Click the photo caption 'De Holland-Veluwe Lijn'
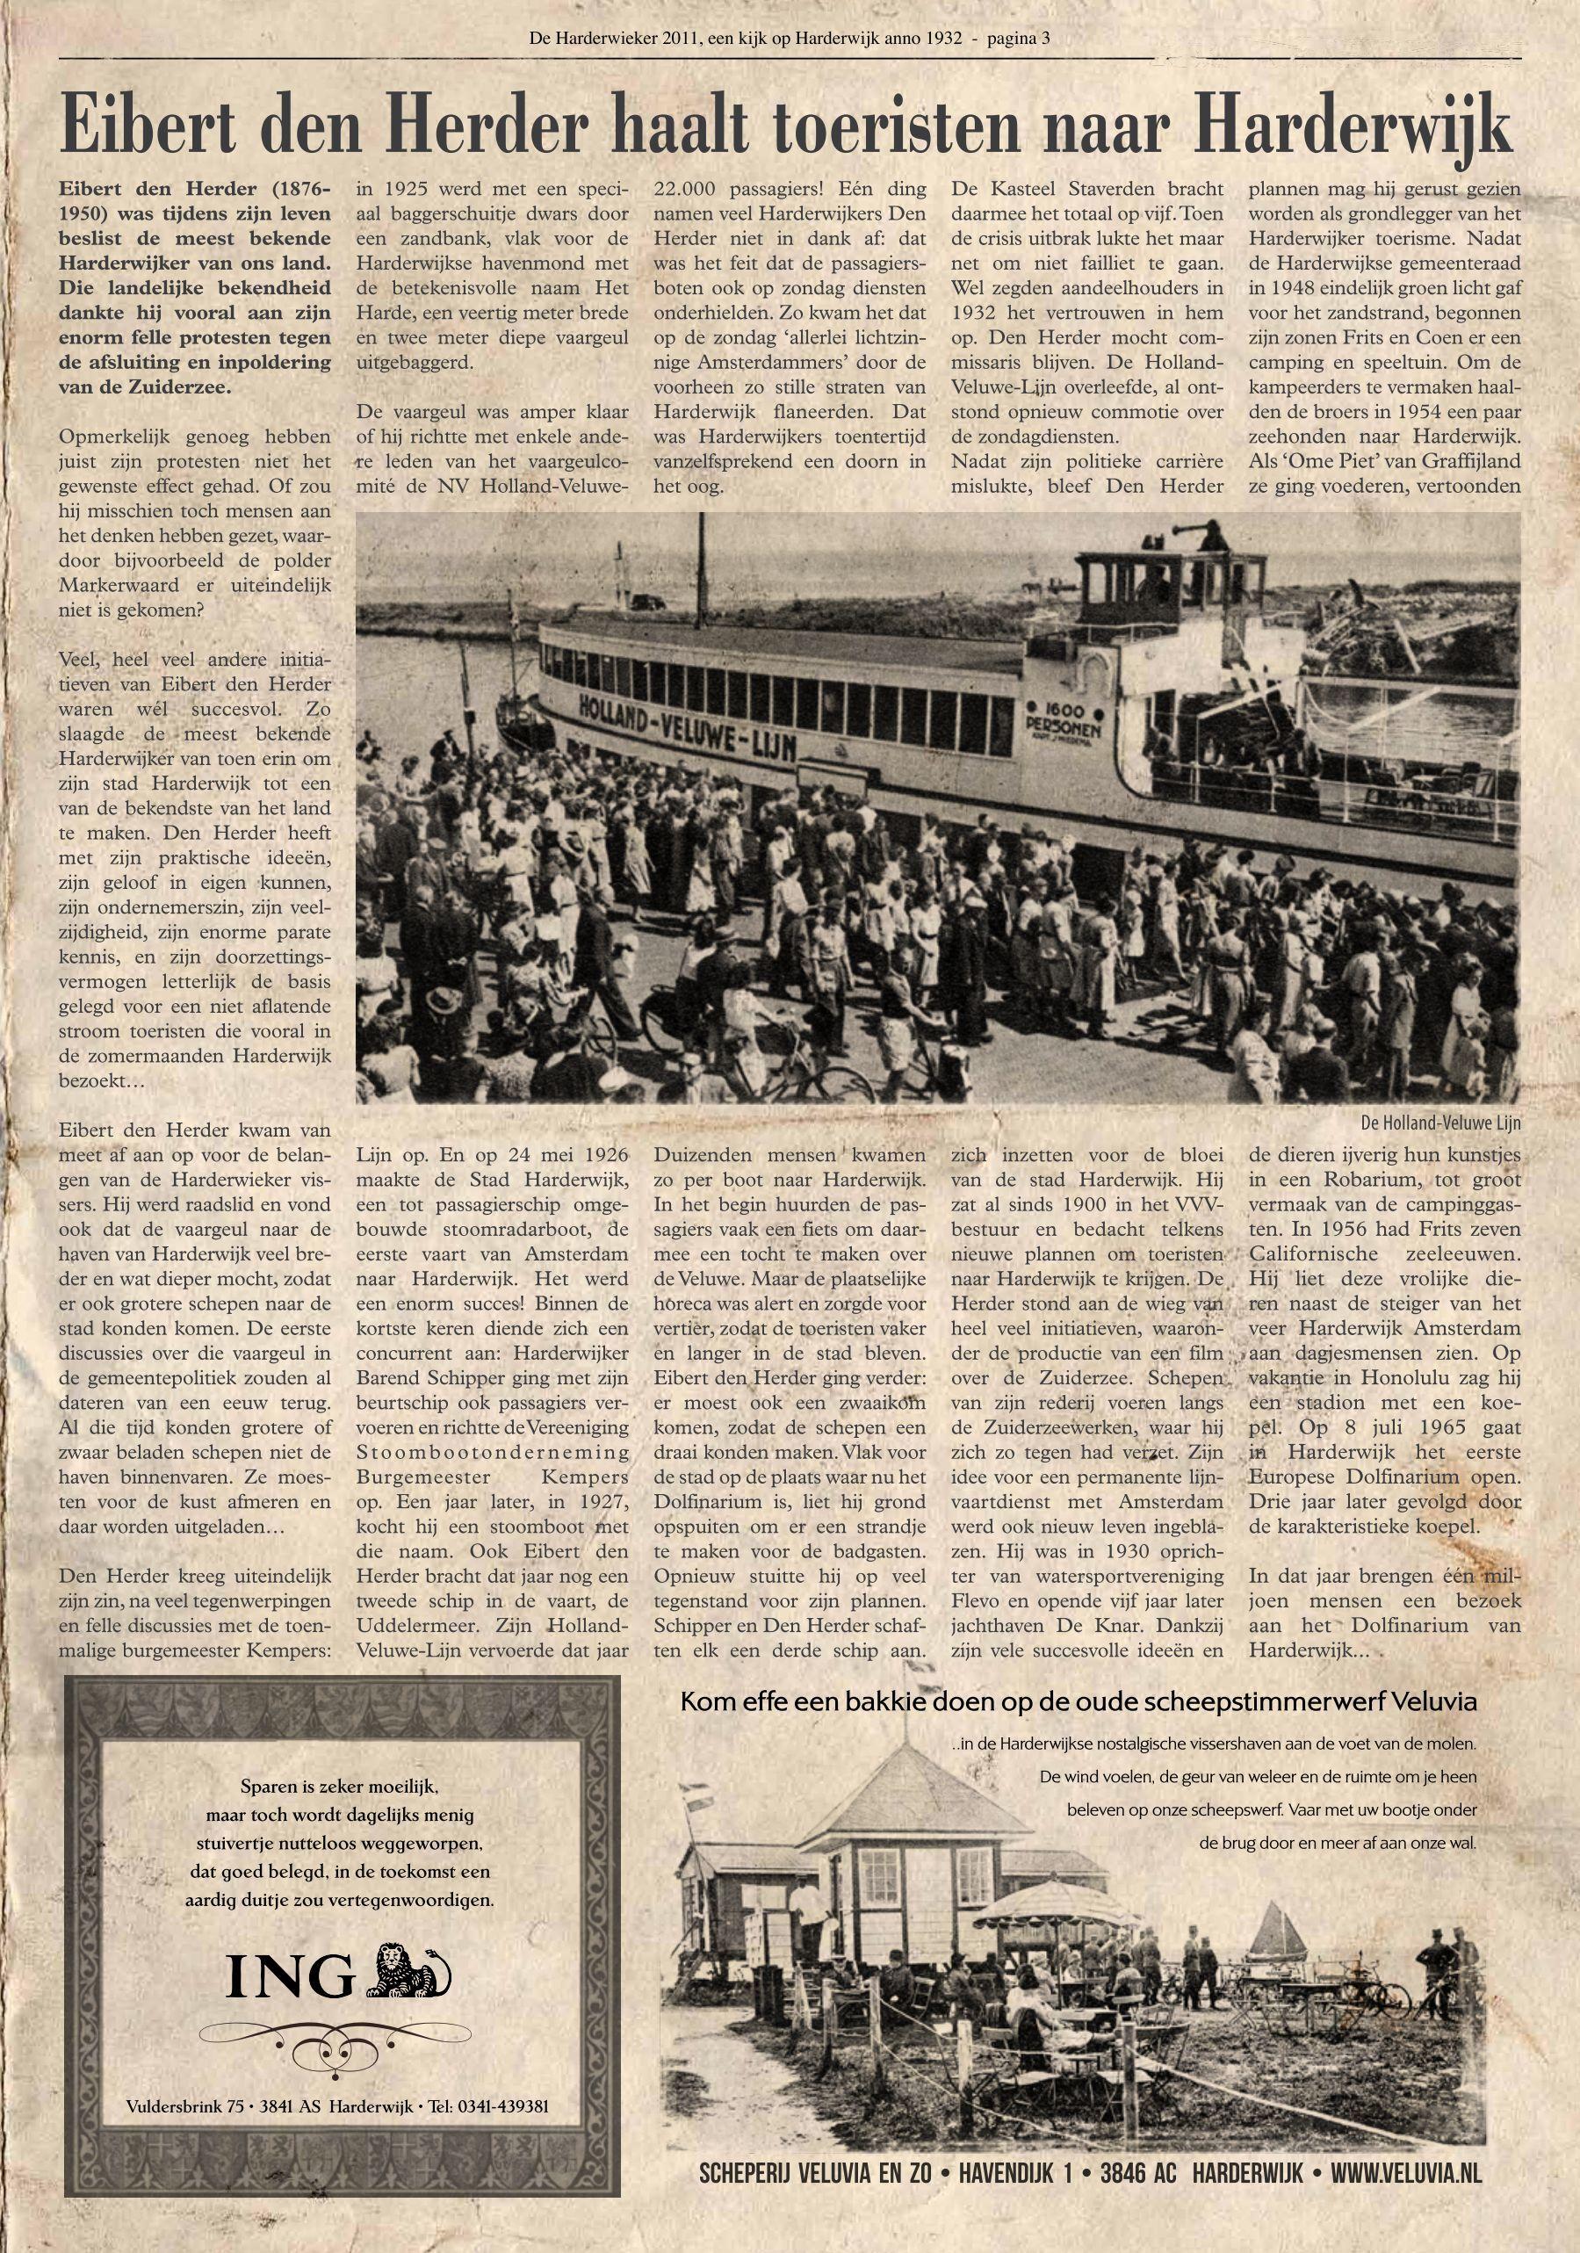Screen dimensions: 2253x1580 1439,1122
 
